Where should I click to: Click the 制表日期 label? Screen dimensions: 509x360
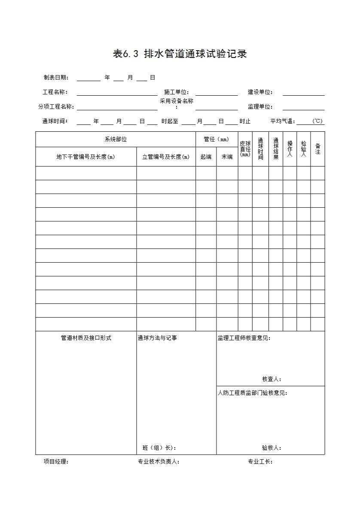point(56,78)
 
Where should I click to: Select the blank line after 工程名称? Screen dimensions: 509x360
point(117,93)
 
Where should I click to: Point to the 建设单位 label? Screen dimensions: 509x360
point(260,92)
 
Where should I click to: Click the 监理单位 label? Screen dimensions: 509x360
point(260,107)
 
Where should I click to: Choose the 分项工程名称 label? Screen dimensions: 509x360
point(56,107)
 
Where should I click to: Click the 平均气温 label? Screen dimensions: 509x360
point(283,121)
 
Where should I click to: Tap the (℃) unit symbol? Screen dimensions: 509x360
point(317,121)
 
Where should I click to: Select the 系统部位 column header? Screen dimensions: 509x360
point(116,139)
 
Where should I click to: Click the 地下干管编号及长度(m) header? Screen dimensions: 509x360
point(86,157)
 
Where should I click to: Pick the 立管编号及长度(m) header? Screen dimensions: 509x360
point(166,157)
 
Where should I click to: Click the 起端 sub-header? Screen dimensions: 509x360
point(206,157)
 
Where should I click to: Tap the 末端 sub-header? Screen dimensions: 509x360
point(227,157)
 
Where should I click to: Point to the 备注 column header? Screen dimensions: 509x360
point(317,148)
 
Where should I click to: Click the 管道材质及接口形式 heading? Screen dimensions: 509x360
point(86,338)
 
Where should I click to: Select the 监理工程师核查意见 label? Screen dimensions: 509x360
point(244,338)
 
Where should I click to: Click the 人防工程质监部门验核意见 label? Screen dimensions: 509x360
point(253,393)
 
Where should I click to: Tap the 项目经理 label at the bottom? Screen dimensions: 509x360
point(56,462)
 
